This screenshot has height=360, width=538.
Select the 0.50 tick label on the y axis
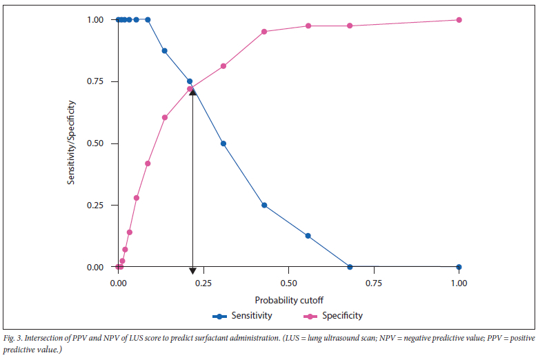click(94, 143)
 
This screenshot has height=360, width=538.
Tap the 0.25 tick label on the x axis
click(203, 283)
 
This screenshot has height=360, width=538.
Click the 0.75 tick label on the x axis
click(374, 283)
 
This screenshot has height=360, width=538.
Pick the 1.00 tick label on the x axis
click(459, 283)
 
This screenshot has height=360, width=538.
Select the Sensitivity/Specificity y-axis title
click(71, 143)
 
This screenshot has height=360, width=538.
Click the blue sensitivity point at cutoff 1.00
click(459, 267)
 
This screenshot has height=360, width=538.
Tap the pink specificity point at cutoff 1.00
click(459, 19)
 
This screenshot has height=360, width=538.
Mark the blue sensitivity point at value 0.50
click(223, 143)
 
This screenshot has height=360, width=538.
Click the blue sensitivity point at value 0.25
click(264, 205)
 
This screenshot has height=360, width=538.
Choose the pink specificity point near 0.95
click(264, 32)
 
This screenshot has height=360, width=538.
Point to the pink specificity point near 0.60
click(164, 117)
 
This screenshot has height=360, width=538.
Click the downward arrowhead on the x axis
click(192, 271)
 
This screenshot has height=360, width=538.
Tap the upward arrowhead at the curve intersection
click(192, 90)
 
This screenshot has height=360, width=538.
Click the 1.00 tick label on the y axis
click(94, 20)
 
